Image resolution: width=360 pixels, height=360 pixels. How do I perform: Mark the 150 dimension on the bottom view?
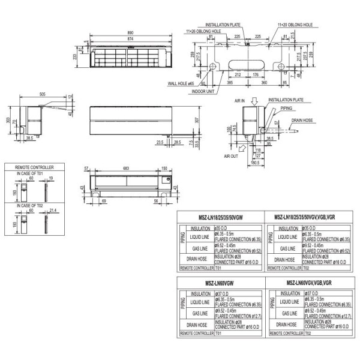[164, 169]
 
